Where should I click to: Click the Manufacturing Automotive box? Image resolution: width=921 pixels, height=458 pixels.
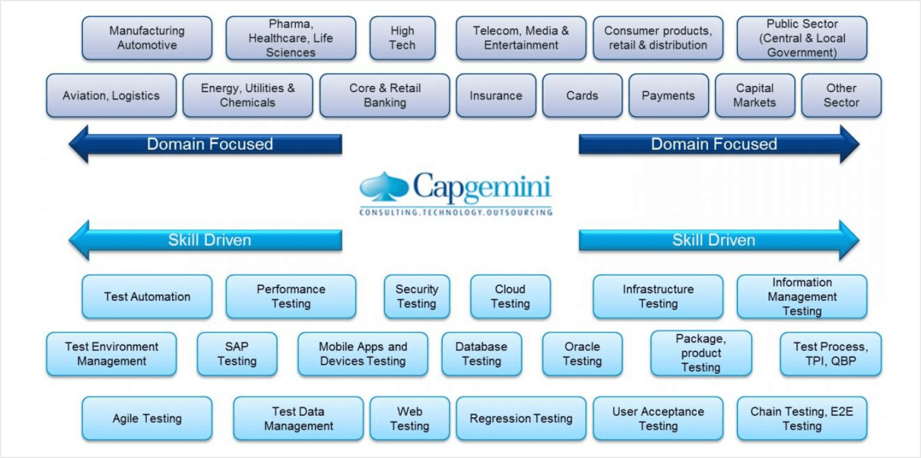point(147,38)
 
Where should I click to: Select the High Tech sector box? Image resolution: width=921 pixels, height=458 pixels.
point(402,38)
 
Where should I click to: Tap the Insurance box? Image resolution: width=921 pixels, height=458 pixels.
point(496,96)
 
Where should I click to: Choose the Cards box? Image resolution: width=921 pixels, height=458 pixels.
point(582,96)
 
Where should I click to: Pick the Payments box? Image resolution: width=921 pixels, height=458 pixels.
point(668,96)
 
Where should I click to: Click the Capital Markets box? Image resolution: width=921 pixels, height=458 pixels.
point(755,96)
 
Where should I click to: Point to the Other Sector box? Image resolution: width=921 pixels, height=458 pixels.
point(841,96)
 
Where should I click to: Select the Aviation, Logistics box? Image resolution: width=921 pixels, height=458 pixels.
point(111,96)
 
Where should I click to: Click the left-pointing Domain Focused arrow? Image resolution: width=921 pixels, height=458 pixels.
point(207,144)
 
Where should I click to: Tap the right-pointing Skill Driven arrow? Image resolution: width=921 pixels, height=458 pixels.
point(716,240)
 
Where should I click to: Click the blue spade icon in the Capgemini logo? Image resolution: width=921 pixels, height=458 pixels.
point(384,188)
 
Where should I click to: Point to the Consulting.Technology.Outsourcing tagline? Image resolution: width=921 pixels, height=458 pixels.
point(455,213)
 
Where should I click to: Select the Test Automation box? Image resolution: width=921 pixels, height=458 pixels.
point(147,297)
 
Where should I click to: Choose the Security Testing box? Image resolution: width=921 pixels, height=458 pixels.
point(417,297)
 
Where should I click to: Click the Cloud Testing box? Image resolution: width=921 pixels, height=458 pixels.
point(510,297)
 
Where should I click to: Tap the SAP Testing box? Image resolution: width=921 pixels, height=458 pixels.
point(237,354)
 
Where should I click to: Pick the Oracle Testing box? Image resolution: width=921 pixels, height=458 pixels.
point(582,354)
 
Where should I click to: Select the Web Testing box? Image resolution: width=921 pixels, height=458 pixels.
point(410,418)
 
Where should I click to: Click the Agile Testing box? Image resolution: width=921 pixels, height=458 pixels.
point(147,418)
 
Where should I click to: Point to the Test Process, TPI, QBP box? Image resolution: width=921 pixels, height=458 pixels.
point(831,354)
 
